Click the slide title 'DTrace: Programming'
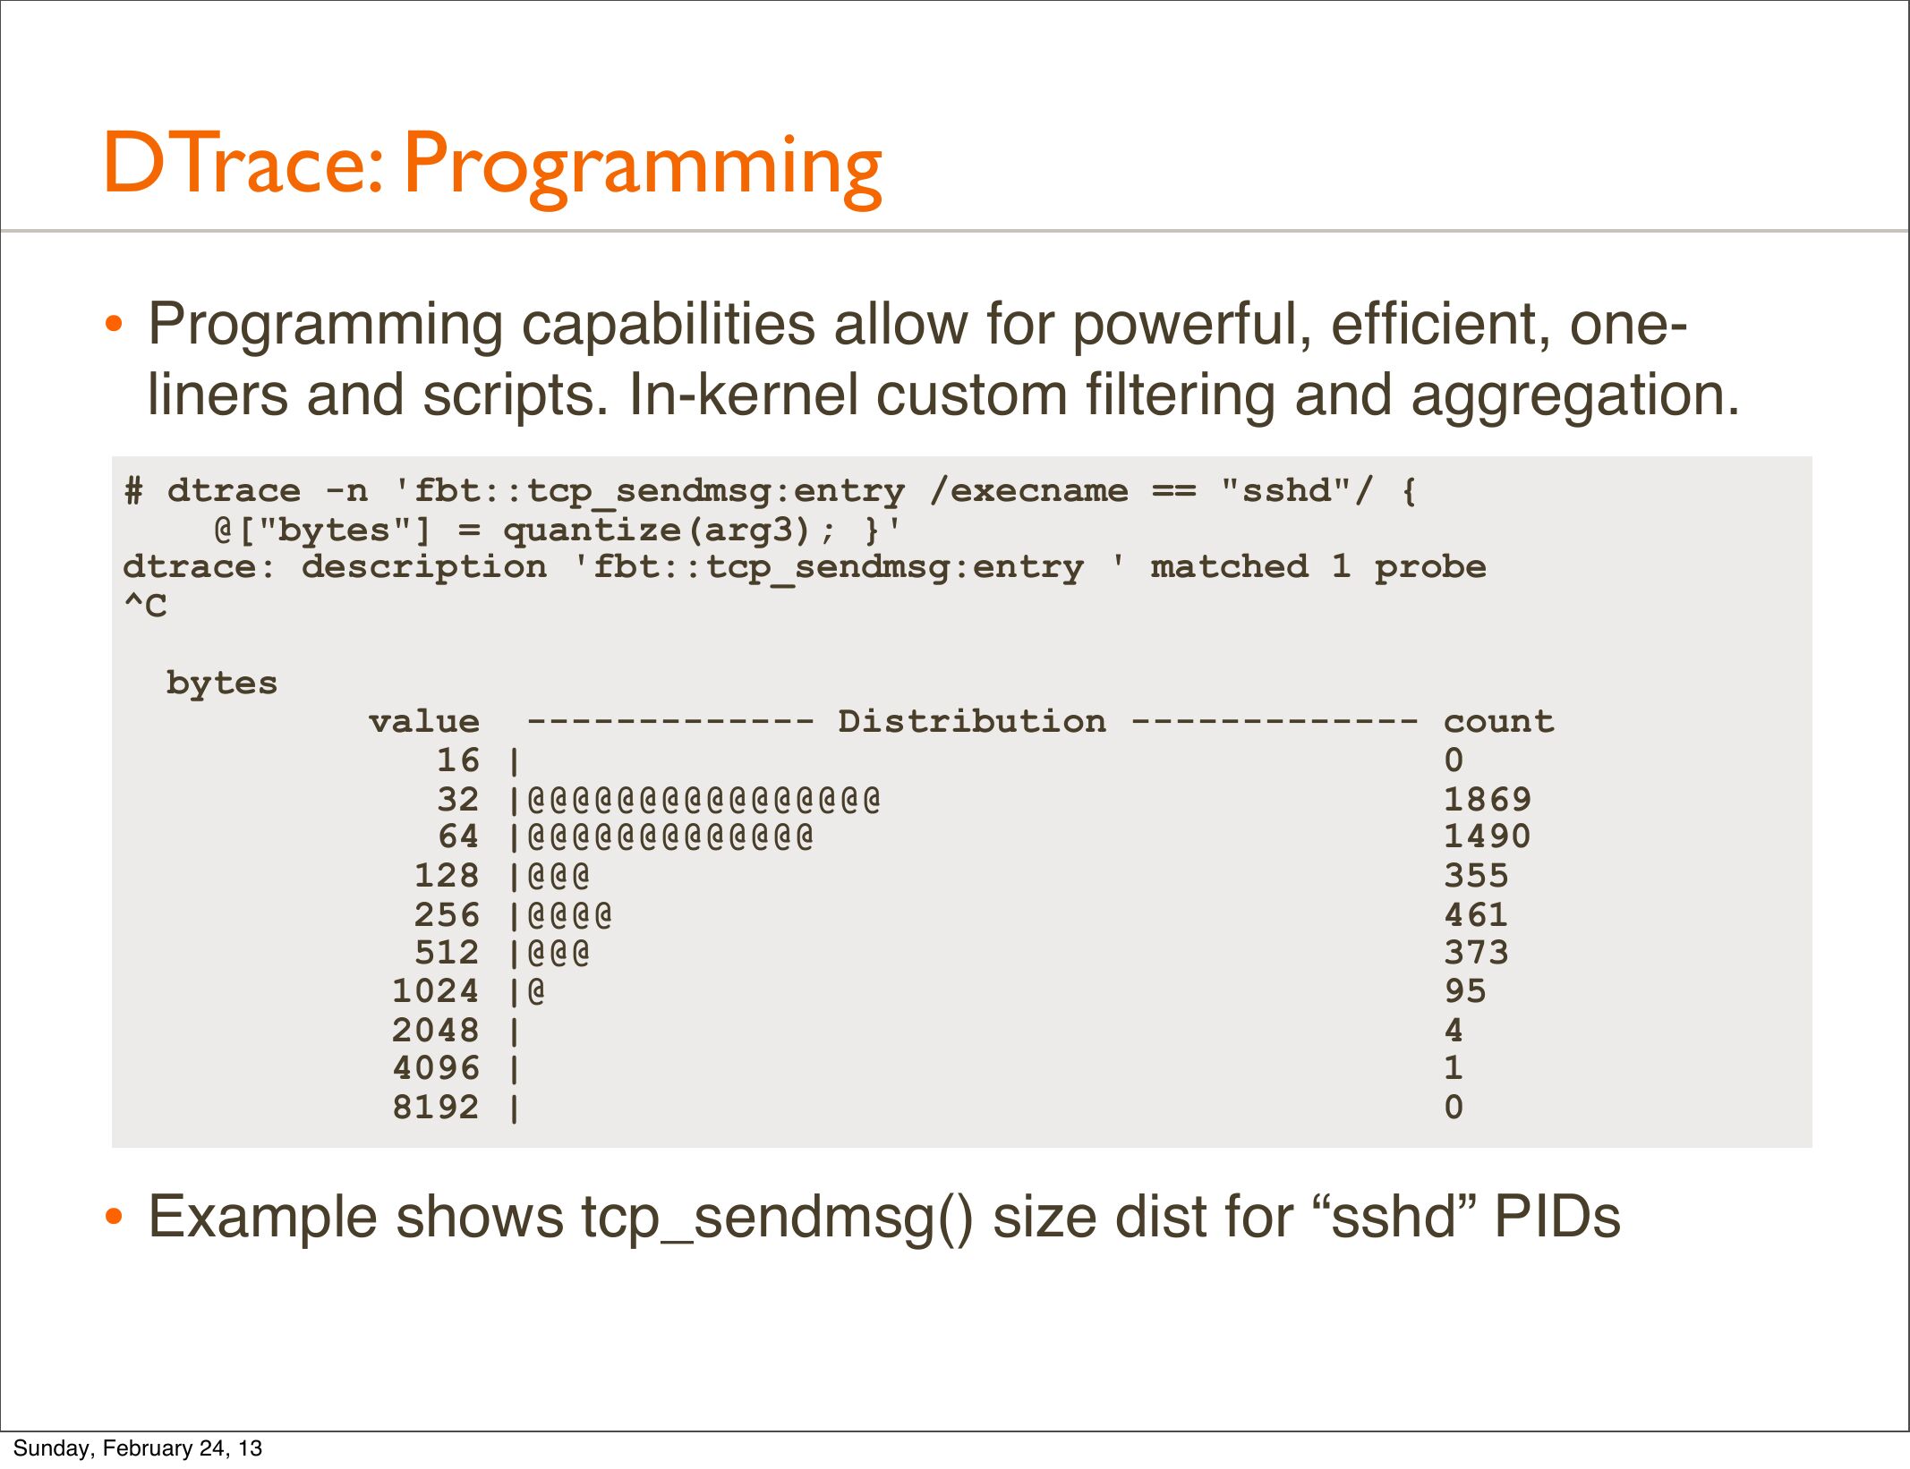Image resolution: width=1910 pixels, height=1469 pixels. point(493,166)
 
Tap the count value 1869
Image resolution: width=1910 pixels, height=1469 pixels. point(1487,799)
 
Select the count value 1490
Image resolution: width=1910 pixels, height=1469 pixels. point(1487,836)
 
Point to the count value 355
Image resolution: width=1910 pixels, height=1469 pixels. point(1476,875)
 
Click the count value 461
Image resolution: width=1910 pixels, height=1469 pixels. point(1476,914)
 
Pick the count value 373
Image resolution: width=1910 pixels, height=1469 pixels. point(1476,952)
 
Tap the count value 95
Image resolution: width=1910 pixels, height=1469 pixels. point(1465,990)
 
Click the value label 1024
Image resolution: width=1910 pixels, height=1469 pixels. point(436,990)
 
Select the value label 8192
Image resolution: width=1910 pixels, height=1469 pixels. point(436,1107)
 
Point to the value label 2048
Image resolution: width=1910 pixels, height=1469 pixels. point(436,1030)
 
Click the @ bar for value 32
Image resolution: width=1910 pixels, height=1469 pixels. point(703,799)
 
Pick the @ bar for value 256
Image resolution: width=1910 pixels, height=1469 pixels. point(570,914)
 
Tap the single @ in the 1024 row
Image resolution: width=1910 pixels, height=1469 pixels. point(536,991)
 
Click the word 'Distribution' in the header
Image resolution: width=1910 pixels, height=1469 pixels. point(972,721)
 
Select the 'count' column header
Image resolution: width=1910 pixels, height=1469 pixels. point(1499,721)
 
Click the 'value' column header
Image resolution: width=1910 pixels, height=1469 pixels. point(424,721)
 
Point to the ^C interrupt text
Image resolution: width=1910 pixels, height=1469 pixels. point(145,606)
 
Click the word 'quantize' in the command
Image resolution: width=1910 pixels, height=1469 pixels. point(592,531)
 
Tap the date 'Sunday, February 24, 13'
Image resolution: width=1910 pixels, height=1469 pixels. point(138,1448)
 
